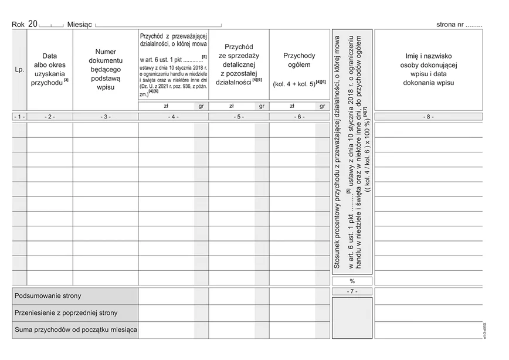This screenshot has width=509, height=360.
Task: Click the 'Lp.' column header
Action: pos(19,70)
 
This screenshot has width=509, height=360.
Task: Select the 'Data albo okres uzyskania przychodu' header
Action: pos(49,70)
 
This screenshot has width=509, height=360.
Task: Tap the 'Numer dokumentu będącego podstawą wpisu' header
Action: pos(105,70)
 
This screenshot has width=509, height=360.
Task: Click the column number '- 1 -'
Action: pos(19,117)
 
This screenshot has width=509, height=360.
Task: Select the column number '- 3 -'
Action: pos(105,117)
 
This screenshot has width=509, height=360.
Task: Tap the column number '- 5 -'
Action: pos(238,117)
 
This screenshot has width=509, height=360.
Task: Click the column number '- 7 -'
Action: pos(351,291)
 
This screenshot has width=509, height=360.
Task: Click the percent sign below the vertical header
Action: pos(351,281)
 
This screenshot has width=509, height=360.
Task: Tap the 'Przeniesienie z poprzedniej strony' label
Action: pos(66,313)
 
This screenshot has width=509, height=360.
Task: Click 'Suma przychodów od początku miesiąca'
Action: pos(75,330)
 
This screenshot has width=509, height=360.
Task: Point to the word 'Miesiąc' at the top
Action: pos(80,25)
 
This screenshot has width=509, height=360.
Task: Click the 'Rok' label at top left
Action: pos(18,25)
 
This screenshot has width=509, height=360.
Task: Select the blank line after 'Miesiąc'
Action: pos(158,26)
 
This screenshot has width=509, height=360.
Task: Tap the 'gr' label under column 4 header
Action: pos(201,107)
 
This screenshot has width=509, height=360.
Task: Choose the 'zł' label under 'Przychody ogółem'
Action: pos(292,107)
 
